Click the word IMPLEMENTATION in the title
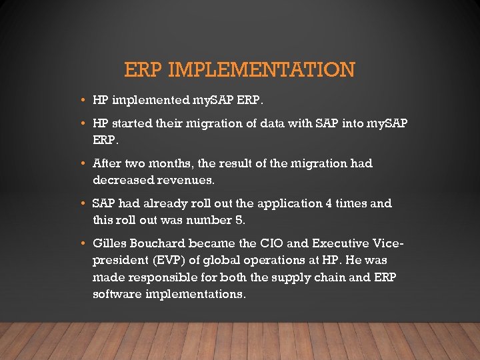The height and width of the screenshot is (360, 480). [262, 69]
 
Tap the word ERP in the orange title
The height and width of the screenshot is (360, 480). [144, 69]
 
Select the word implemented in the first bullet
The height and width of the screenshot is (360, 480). [151, 101]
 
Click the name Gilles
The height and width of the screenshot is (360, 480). [110, 243]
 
